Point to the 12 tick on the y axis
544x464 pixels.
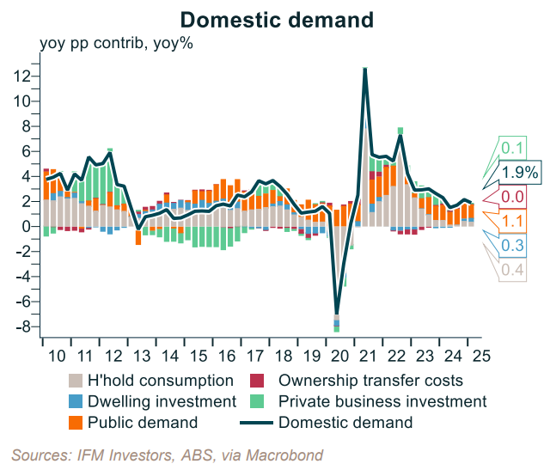pyautogui.click(x=23, y=76)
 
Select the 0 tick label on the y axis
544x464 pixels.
pyautogui.click(x=27, y=227)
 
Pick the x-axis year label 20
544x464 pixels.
pyautogui.click(x=334, y=356)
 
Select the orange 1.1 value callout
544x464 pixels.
pyautogui.click(x=512, y=222)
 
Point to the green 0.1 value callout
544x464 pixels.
pyautogui.click(x=514, y=147)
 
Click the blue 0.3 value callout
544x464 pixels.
pyautogui.click(x=513, y=247)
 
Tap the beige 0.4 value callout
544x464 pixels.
pyautogui.click(x=512, y=272)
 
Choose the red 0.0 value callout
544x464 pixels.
pyautogui.click(x=513, y=197)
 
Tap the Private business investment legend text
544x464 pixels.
pyautogui.click(x=383, y=401)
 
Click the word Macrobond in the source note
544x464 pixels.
pyautogui.click(x=291, y=455)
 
